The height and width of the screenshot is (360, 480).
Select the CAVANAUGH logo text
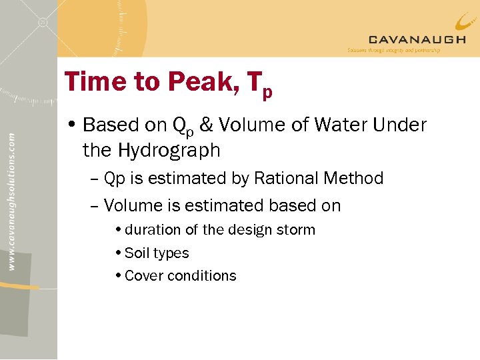point(417,39)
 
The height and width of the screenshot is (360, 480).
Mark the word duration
point(153,230)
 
